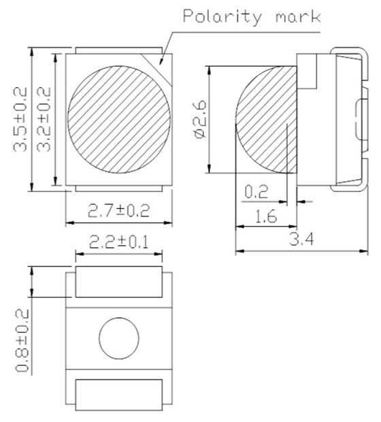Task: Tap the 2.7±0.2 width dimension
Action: (x=120, y=212)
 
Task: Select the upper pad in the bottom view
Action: (x=119, y=282)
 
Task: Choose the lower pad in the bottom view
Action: (x=119, y=393)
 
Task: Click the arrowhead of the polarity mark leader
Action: (x=161, y=63)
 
